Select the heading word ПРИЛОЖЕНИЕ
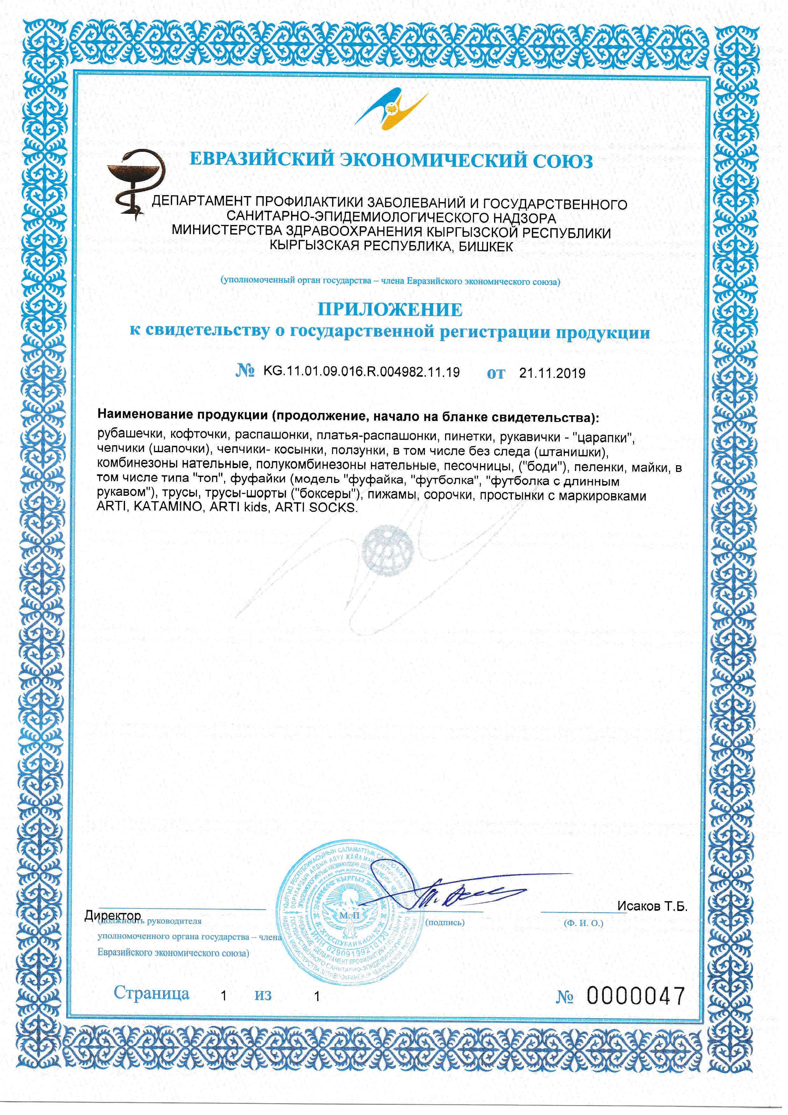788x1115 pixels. point(390,309)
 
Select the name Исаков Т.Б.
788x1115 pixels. point(652,906)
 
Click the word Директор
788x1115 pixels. point(113,915)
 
